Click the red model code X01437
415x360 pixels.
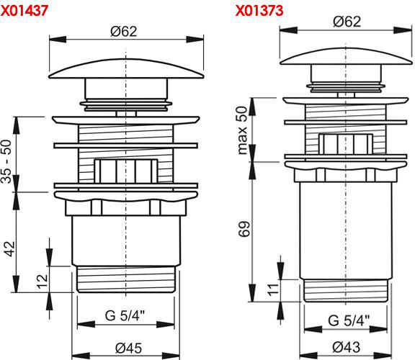point(24,11)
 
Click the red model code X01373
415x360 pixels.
point(259,11)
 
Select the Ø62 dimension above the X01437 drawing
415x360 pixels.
point(124,32)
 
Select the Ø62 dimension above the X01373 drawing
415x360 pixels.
point(347,22)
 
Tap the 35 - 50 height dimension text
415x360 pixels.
point(6,161)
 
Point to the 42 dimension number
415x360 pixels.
point(10,249)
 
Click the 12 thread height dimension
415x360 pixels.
point(43,282)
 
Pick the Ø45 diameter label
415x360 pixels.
point(129,348)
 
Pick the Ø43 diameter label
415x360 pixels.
point(346,347)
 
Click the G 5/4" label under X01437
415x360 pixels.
point(125,315)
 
